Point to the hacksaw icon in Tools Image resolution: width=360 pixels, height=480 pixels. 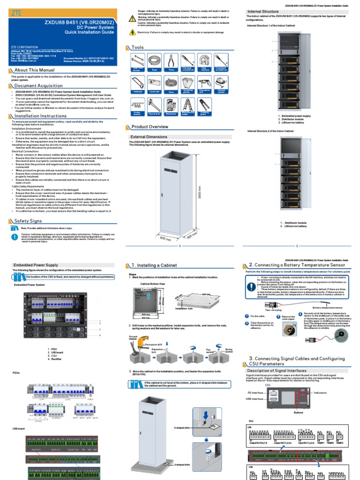click(137, 83)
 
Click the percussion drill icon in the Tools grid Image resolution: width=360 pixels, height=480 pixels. click(204, 83)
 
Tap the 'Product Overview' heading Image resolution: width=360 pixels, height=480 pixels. click(150, 127)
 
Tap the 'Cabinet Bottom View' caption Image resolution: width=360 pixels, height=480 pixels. click(152, 284)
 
